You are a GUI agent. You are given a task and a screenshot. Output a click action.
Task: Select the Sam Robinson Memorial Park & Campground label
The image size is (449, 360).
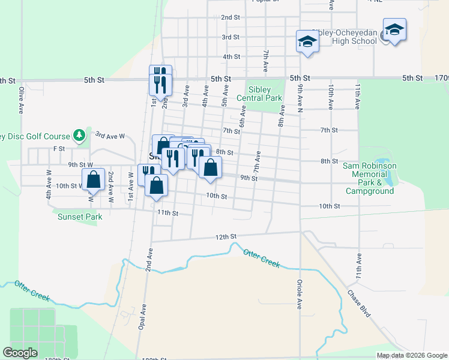tap(369, 178)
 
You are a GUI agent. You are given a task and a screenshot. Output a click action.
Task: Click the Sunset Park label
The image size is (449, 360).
tap(80, 217)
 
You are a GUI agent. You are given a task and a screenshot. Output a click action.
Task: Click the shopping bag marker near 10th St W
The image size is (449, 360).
tap(93, 179)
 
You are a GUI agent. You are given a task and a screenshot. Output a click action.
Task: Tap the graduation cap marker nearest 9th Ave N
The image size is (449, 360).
tap(307, 42)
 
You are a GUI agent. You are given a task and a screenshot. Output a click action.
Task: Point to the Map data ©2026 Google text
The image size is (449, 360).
tap(411, 355)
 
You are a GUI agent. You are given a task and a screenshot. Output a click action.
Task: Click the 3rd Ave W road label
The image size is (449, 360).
tap(109, 136)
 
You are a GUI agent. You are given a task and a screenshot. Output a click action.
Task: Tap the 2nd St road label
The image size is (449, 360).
tap(231, 17)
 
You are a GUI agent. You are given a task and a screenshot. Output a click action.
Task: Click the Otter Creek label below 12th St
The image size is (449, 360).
tap(262, 258)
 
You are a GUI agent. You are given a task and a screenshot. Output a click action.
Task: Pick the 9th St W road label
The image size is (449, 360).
tap(80, 164)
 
